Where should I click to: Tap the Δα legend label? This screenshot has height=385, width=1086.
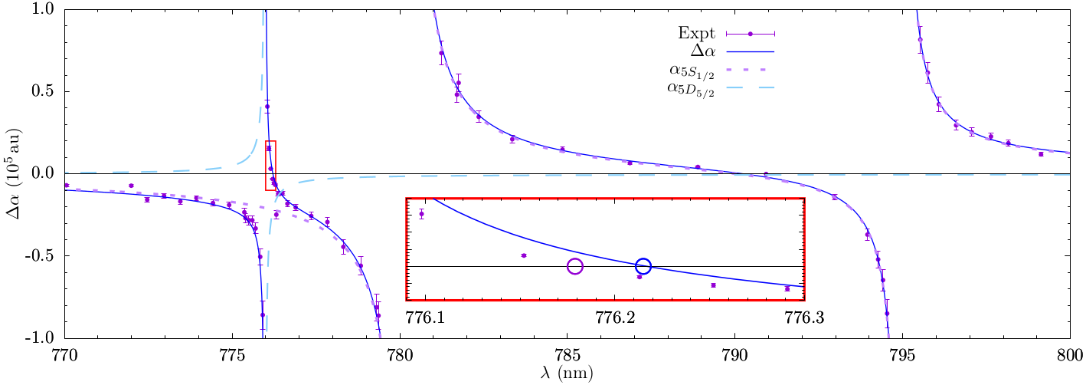(703, 51)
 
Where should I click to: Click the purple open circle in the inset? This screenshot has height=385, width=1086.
(575, 266)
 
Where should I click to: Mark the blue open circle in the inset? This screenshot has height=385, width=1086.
(643, 266)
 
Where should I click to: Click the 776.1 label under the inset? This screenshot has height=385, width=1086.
(426, 315)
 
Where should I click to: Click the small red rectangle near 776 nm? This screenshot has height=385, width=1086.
(270, 166)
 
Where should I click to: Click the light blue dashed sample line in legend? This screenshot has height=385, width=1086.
(751, 89)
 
